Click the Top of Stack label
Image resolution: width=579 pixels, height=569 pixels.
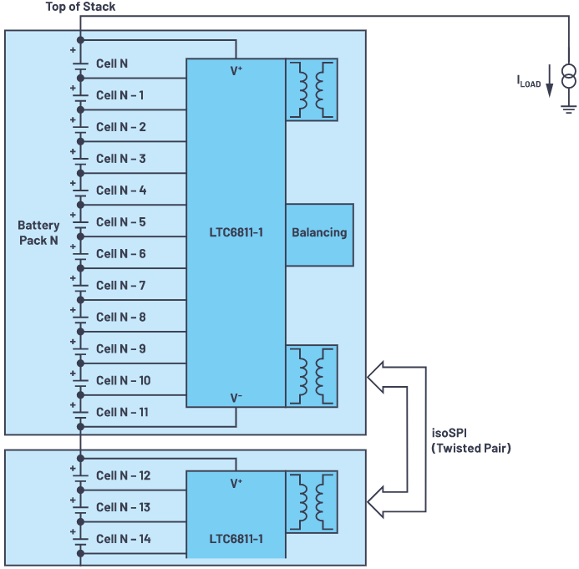pos(80,8)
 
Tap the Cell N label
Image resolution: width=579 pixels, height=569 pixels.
pos(112,64)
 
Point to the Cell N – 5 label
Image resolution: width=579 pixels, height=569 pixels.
pos(121,222)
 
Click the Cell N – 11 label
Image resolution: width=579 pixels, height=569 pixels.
pos(124,412)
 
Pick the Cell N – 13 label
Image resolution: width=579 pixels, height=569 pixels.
pos(124,507)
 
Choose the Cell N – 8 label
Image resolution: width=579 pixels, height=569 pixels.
pos(121,318)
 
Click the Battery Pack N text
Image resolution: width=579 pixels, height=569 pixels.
pos(38,233)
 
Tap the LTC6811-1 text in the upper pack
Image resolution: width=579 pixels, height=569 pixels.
pos(236,232)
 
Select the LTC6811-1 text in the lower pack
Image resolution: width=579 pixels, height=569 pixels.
pos(236,539)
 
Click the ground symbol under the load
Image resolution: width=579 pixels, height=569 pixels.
pos(568,107)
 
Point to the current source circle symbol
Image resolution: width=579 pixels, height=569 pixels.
pos(568,79)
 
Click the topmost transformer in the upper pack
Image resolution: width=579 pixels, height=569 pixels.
pos(312,89)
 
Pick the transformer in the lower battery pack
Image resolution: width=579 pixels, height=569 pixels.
pos(312,502)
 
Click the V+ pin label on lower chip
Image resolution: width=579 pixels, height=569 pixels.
pos(236,483)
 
